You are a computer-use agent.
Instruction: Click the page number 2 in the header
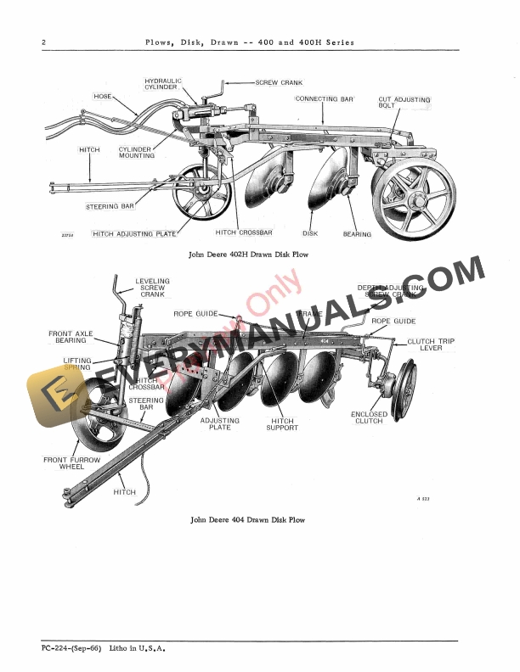pyautogui.click(x=43, y=42)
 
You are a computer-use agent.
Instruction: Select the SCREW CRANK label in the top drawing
pyautogui.click(x=280, y=82)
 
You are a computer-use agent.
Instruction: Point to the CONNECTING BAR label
pyautogui.click(x=324, y=98)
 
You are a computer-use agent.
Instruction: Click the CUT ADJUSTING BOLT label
pyautogui.click(x=404, y=103)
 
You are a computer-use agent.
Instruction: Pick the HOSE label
pyautogui.click(x=103, y=96)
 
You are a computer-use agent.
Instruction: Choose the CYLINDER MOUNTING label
pyautogui.click(x=136, y=152)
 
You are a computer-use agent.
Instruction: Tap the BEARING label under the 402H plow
pyautogui.click(x=357, y=233)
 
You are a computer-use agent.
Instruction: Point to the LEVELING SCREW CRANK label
pyautogui.click(x=152, y=288)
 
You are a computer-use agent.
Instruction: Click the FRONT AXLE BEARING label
pyautogui.click(x=71, y=339)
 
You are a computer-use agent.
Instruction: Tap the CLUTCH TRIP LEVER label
pyautogui.click(x=431, y=344)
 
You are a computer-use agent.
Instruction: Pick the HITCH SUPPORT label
pyautogui.click(x=282, y=424)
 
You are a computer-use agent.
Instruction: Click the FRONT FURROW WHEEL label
pyautogui.click(x=71, y=464)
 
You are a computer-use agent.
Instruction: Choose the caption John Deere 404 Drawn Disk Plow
pyautogui.click(x=247, y=519)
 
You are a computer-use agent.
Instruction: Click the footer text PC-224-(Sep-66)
pyautogui.click(x=71, y=649)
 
